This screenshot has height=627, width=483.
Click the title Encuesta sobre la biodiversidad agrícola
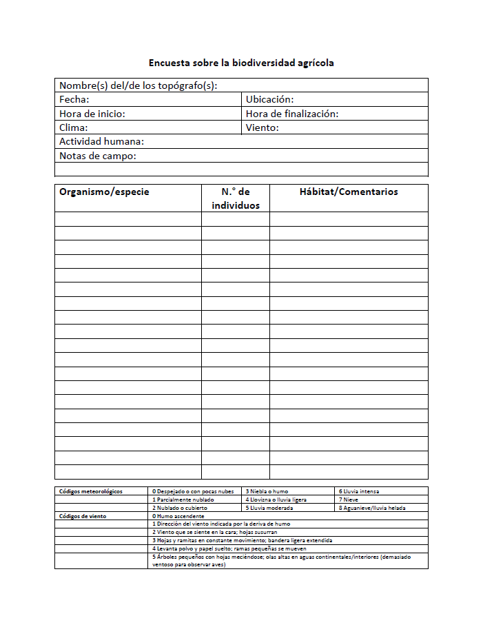click(241, 63)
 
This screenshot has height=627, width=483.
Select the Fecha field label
click(74, 100)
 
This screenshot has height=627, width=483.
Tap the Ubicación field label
click(269, 100)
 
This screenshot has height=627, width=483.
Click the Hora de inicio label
click(92, 114)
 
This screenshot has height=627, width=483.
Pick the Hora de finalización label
click(292, 114)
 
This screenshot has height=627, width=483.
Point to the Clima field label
click(74, 127)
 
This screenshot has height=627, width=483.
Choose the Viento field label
click(262, 127)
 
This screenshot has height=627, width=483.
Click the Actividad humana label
click(102, 141)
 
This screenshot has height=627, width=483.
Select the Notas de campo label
click(98, 156)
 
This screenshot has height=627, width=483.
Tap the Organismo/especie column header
click(104, 192)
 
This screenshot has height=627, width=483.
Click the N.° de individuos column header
click(236, 198)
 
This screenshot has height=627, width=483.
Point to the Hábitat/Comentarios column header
click(349, 192)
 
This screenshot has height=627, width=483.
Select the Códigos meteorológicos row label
click(91, 491)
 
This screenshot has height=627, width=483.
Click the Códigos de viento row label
click(83, 515)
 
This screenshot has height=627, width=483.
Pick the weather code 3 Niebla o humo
click(267, 491)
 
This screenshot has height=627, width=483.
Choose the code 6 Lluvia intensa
click(359, 491)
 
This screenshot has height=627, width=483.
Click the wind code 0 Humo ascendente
click(178, 515)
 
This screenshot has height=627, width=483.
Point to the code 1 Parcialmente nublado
click(183, 500)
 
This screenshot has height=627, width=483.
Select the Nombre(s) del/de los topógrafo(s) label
click(138, 85)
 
